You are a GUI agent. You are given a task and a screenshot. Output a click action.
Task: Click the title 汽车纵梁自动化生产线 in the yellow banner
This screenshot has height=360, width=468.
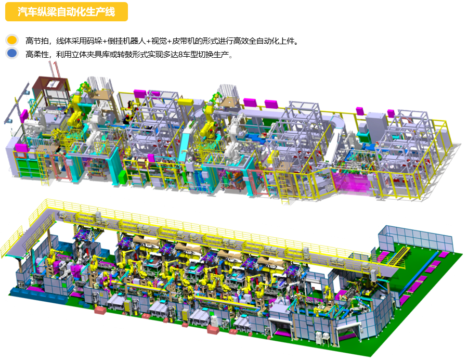click(x=66, y=11)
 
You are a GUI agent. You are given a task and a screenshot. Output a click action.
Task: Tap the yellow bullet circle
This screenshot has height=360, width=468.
click(x=12, y=40)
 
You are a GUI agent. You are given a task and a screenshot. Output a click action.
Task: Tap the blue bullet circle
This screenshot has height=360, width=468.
click(x=12, y=53)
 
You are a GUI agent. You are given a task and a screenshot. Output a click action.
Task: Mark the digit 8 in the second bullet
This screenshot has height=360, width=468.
click(x=181, y=55)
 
